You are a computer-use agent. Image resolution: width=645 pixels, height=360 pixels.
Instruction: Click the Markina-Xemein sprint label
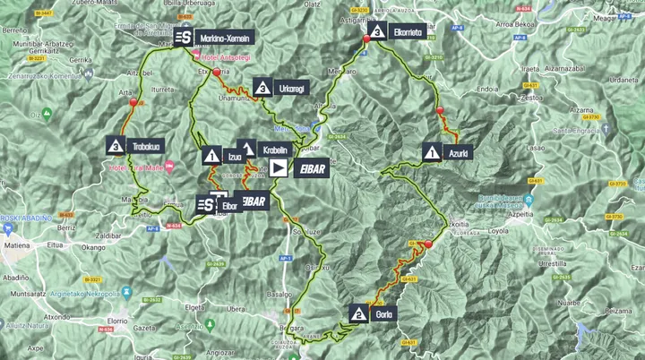[x=224, y=38]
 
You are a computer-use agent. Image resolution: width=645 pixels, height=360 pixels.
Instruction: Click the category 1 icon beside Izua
[x=211, y=156]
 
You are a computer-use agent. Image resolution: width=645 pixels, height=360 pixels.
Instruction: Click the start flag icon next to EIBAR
[x=278, y=167]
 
